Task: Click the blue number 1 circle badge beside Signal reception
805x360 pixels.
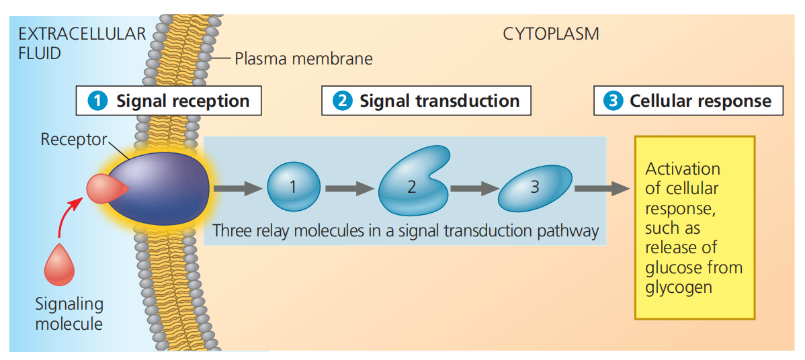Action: pyautogui.click(x=98, y=101)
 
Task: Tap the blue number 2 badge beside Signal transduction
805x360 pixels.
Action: pyautogui.click(x=342, y=101)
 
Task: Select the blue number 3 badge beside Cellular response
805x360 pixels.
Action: pyautogui.click(x=612, y=101)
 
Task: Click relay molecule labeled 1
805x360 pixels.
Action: pyautogui.click(x=294, y=187)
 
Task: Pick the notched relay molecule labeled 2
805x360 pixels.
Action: pyautogui.click(x=411, y=186)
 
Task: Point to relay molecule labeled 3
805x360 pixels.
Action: pyautogui.click(x=534, y=187)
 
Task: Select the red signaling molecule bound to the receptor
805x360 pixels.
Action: pyautogui.click(x=102, y=189)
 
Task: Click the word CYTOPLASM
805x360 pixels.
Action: pyautogui.click(x=550, y=34)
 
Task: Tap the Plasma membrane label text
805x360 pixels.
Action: pyautogui.click(x=303, y=58)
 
